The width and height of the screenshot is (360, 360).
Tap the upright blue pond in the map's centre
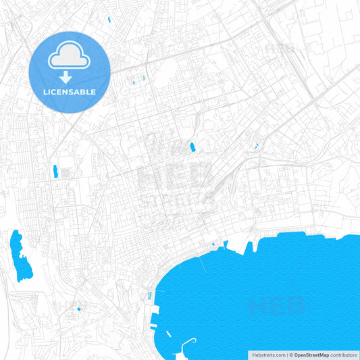click(x=192, y=147)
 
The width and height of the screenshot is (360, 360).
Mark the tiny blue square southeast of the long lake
click(x=79, y=309)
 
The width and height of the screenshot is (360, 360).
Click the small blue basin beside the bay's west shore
click(x=149, y=295)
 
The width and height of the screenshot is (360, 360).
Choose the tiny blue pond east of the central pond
click(x=256, y=145)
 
